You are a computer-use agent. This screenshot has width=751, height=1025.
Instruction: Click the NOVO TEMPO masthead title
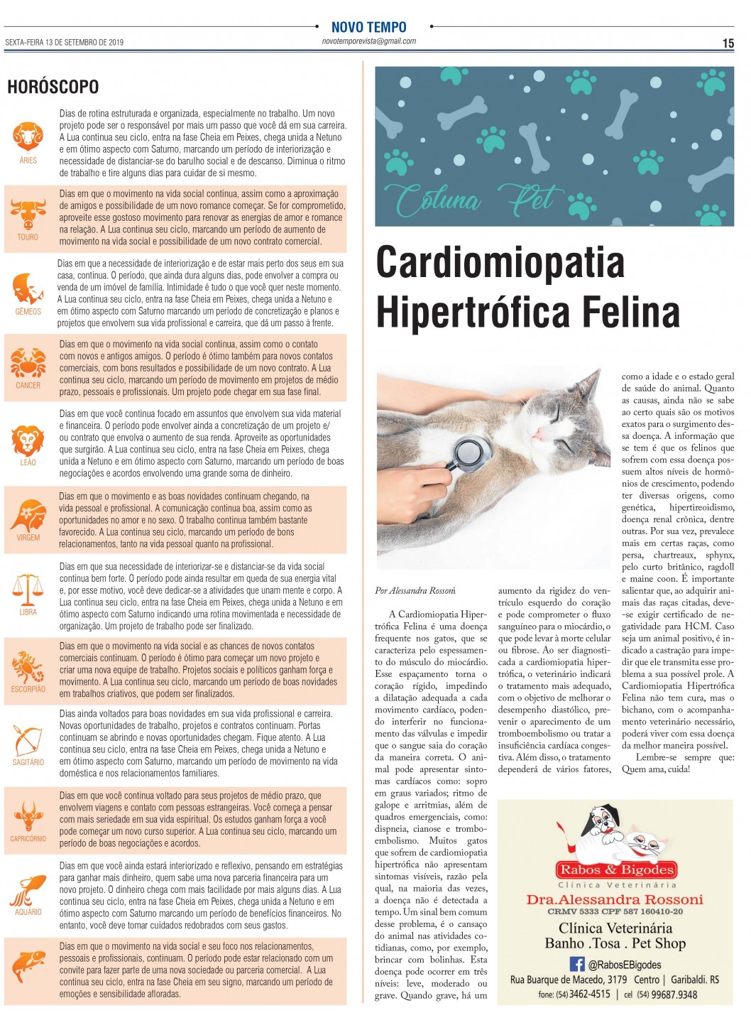[x=368, y=27]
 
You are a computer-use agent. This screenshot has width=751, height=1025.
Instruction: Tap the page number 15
[x=728, y=43]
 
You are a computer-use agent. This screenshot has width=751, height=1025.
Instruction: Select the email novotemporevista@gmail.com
[x=368, y=41]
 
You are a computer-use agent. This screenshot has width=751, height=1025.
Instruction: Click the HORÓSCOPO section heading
[x=53, y=87]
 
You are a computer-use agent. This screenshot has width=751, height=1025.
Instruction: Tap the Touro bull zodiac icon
[x=28, y=214]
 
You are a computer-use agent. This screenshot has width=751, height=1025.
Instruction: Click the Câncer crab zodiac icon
[x=28, y=363]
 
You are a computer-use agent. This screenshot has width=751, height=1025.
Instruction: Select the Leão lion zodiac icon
[x=28, y=440]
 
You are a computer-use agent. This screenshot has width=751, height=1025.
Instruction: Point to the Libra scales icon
[x=28, y=589]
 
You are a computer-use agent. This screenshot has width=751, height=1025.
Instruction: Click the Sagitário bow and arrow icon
[x=28, y=741]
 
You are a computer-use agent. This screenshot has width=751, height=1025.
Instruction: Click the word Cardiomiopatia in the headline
[x=500, y=262]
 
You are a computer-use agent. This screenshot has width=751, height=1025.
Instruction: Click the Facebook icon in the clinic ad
[x=577, y=964]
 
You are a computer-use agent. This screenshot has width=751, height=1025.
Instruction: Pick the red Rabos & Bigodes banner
[x=615, y=869]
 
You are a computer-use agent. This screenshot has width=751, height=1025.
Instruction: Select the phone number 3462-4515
[x=590, y=994]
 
